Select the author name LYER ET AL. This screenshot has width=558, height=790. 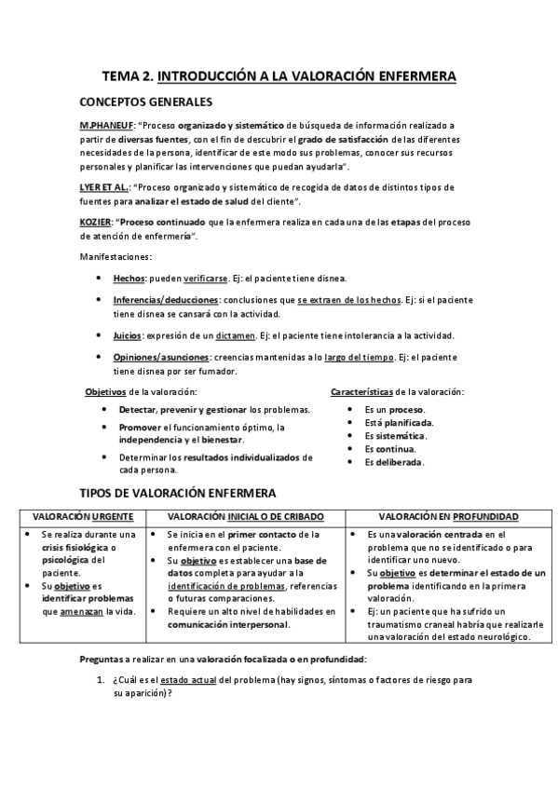[x=103, y=187]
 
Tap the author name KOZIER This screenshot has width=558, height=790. [x=96, y=222]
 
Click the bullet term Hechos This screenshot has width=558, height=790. [x=129, y=279]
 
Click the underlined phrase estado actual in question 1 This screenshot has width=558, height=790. [x=192, y=681]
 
